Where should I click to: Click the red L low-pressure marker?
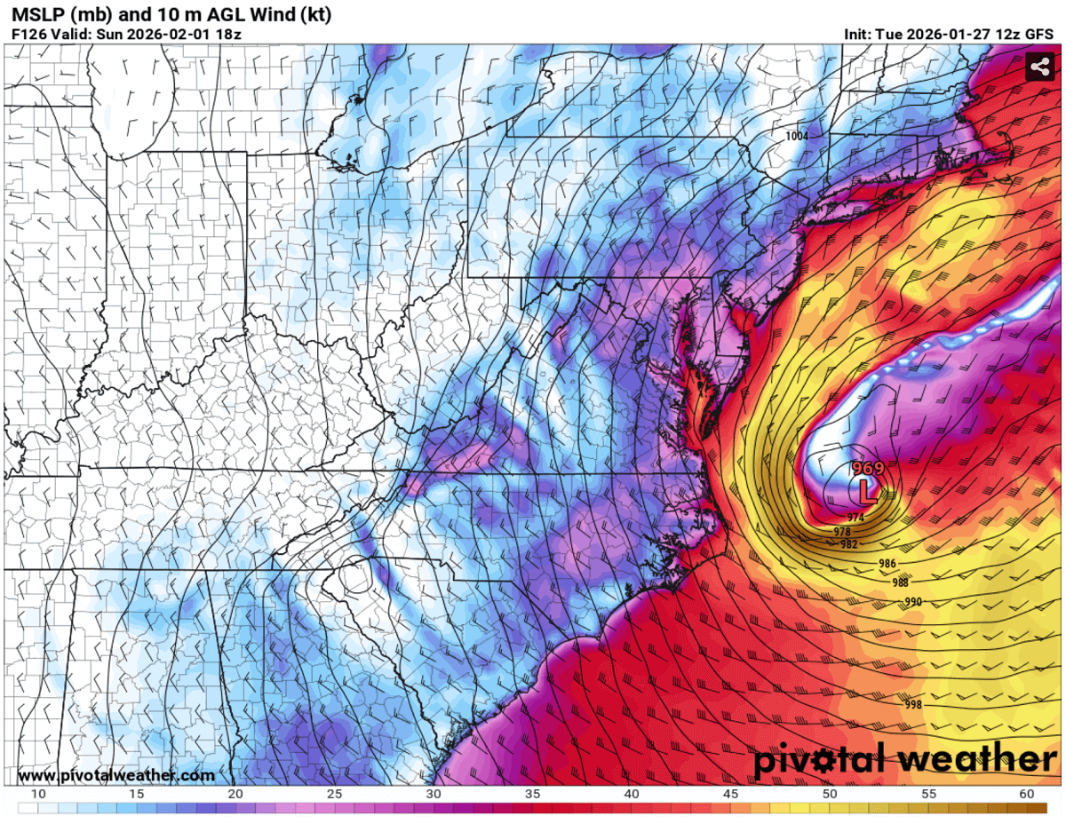click(866, 490)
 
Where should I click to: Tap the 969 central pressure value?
click(867, 468)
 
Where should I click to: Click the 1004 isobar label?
click(797, 136)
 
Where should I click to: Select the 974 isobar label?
click(855, 517)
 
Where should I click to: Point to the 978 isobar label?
click(842, 531)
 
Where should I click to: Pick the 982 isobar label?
click(848, 543)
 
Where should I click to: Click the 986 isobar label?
click(887, 564)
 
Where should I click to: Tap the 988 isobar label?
click(899, 582)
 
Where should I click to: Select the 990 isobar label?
click(913, 602)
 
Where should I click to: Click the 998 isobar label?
click(913, 704)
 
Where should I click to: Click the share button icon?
click(1038, 67)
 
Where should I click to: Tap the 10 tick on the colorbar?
click(38, 794)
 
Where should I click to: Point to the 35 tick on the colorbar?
click(532, 794)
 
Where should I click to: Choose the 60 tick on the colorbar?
click(1026, 794)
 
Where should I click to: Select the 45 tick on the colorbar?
click(730, 794)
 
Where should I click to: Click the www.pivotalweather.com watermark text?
click(115, 775)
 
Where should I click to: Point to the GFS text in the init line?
click(1039, 35)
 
